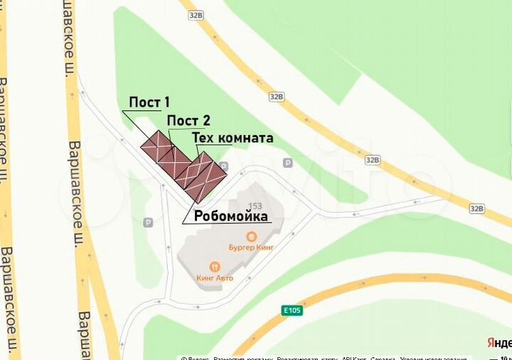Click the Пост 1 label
pos(149,102)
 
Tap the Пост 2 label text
pos(188,121)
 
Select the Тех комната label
pos(233,138)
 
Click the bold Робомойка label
pos(230,216)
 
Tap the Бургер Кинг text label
pos(251,247)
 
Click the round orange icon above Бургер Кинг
pos(251,236)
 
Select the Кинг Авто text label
pos(215,277)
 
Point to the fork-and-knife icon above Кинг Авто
pos(215,268)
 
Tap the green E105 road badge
pos(292,310)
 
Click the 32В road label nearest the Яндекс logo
pos(476,208)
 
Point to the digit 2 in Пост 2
pos(206,121)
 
